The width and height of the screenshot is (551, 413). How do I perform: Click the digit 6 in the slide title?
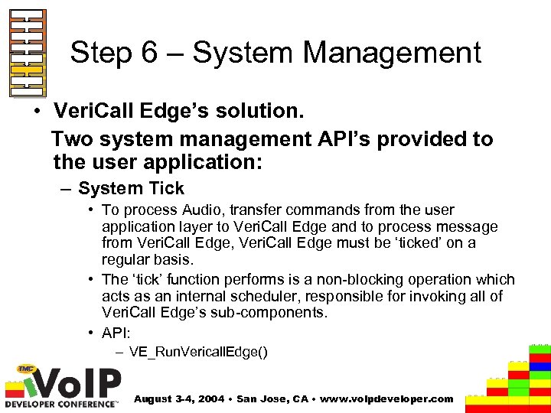pos(166,53)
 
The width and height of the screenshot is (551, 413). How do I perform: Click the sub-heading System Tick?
pos(131,187)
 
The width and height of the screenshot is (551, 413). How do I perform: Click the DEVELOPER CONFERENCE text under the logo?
pos(61,403)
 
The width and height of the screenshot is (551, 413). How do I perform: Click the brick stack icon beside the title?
pos(28,53)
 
